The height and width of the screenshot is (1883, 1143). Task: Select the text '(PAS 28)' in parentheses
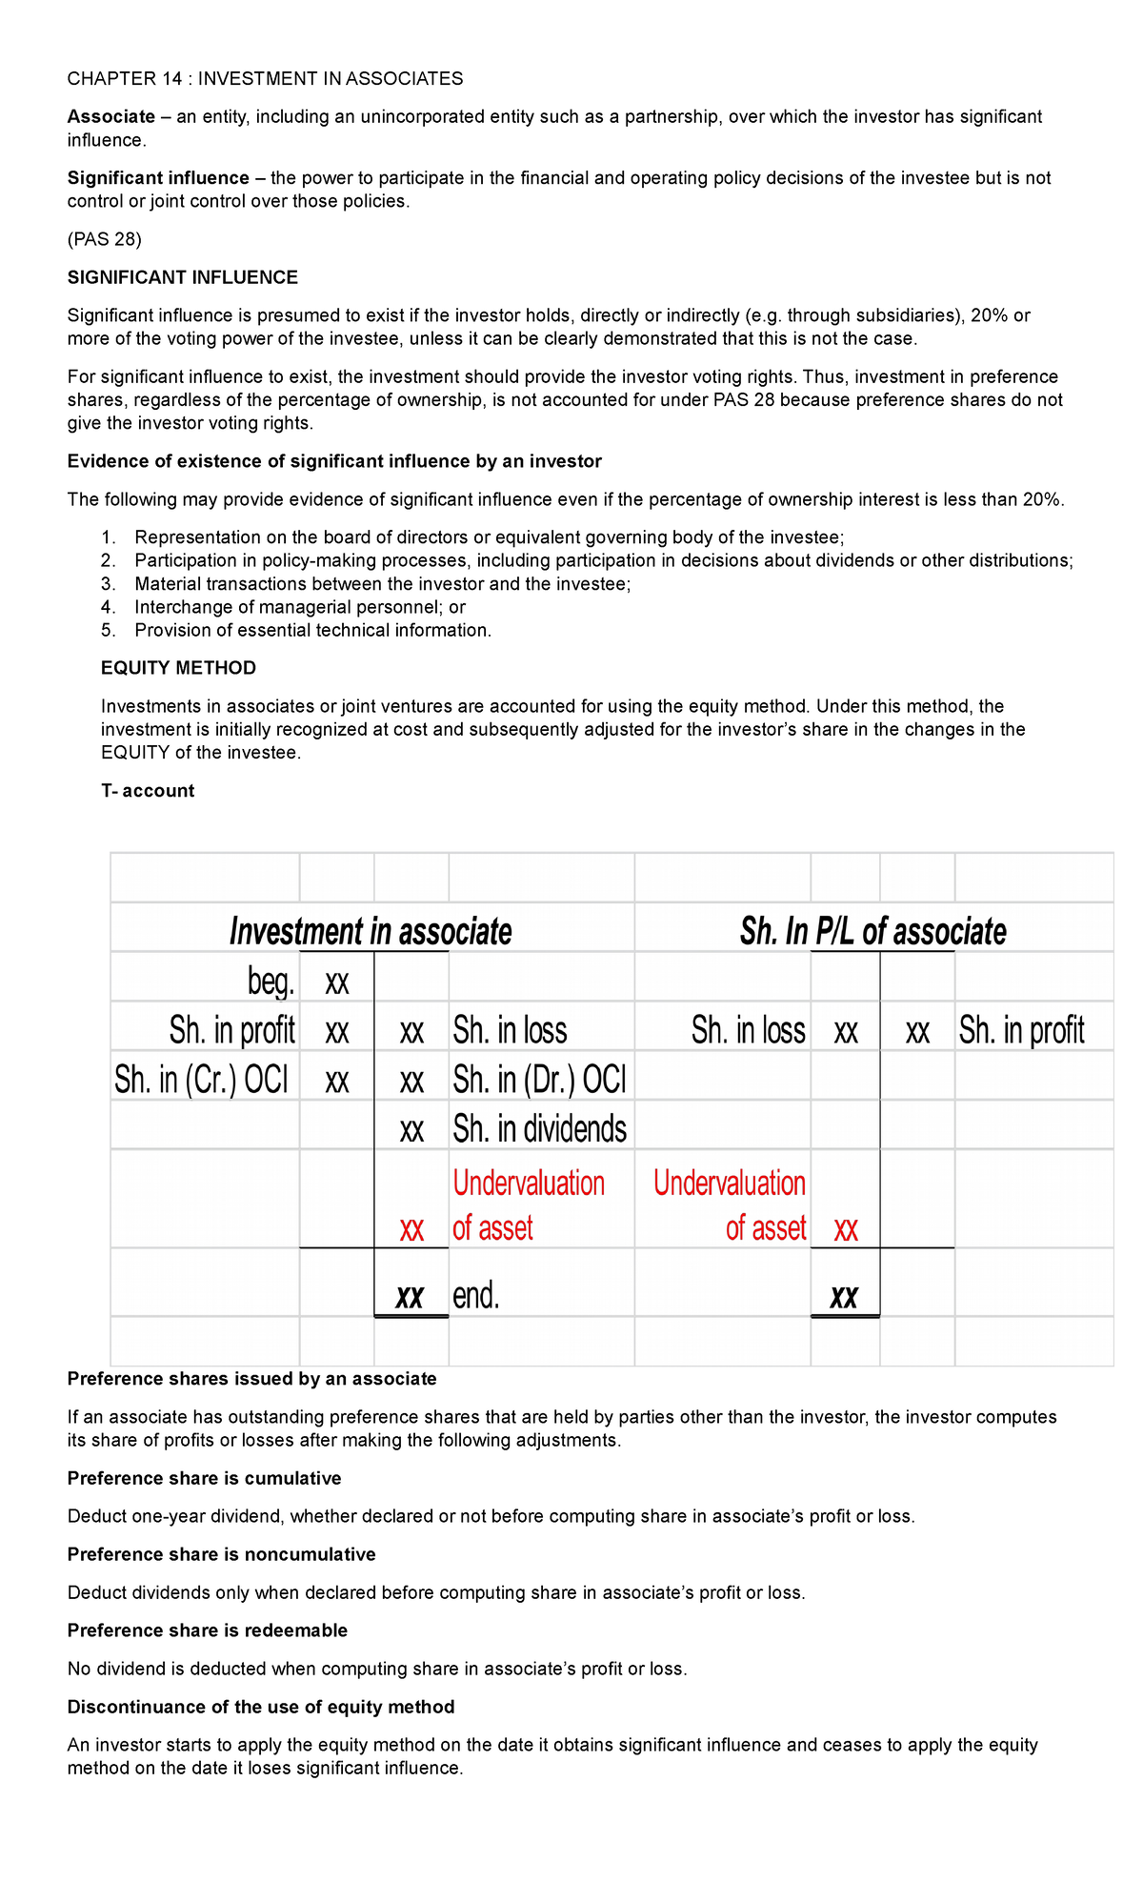104,239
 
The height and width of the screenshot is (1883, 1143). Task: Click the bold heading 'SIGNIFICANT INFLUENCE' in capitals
182,277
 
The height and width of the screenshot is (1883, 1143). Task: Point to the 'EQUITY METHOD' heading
178,668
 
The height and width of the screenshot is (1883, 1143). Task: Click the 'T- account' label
148,791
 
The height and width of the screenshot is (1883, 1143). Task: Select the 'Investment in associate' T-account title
371,931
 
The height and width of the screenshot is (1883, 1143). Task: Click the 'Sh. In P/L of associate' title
872,931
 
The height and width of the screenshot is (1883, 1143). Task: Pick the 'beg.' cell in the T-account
271,981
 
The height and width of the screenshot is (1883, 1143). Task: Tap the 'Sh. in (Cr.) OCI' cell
201,1080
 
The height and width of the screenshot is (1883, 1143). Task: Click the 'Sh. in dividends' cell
539,1129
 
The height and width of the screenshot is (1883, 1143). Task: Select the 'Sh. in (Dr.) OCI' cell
539,1080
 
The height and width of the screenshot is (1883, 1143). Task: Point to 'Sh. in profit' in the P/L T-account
1021,1030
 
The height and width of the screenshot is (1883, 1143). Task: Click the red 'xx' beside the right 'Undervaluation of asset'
846,1229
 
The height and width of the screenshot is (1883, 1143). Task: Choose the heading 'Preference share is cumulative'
204,1478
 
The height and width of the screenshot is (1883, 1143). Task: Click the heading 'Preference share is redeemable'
207,1630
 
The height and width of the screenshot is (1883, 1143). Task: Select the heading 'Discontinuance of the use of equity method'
260,1707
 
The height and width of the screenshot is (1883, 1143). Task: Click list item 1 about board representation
489,537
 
